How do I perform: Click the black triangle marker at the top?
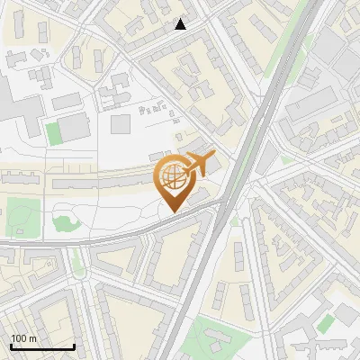(181, 24)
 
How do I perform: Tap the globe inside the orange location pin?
(173, 175)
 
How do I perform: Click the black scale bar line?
(42, 347)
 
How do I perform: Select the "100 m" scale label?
(24, 339)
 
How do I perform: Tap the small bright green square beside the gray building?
(53, 133)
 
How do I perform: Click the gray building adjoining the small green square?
(75, 128)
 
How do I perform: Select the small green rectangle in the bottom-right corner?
(326, 321)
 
